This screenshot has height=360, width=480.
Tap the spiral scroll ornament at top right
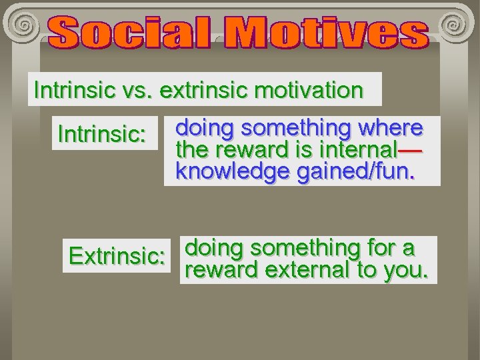(x=455, y=25)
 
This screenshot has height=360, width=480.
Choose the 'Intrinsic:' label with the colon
(x=102, y=134)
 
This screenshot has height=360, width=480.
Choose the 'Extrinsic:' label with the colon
(x=117, y=256)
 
